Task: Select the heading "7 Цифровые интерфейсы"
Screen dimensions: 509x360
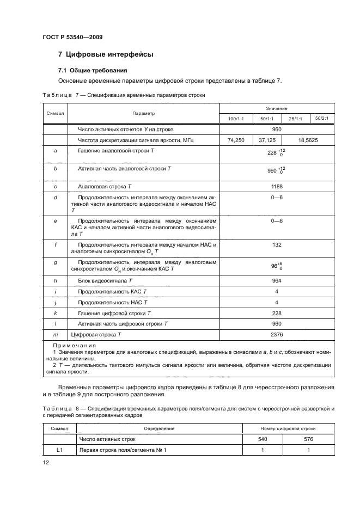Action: (x=106, y=54)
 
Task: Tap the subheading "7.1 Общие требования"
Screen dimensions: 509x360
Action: (x=93, y=71)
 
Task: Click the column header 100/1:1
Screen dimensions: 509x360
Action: (x=235, y=119)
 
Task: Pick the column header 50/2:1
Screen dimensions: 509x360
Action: (x=326, y=118)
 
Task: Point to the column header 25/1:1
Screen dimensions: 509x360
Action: (x=297, y=119)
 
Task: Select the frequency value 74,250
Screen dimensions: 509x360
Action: (x=235, y=140)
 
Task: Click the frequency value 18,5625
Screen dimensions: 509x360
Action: (x=310, y=140)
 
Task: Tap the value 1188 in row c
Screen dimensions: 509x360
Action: (x=277, y=186)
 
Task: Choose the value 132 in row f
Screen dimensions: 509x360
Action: (x=277, y=245)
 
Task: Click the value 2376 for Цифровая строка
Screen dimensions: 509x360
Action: (x=277, y=334)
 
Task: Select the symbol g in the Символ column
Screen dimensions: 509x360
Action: (x=56, y=262)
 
